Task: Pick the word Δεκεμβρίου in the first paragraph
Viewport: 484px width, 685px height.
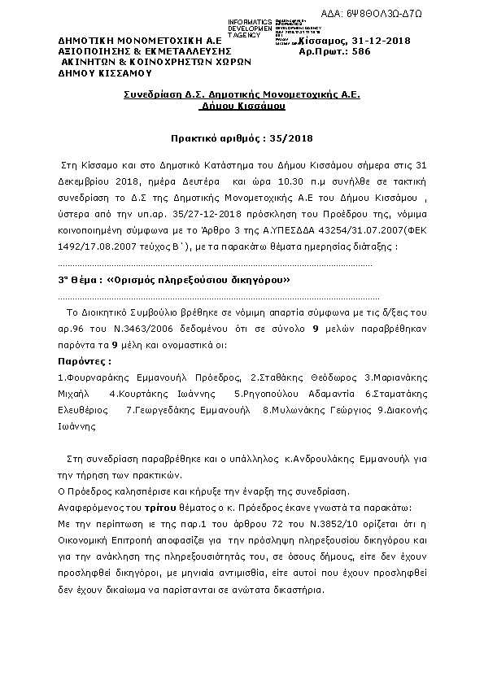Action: coord(85,183)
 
